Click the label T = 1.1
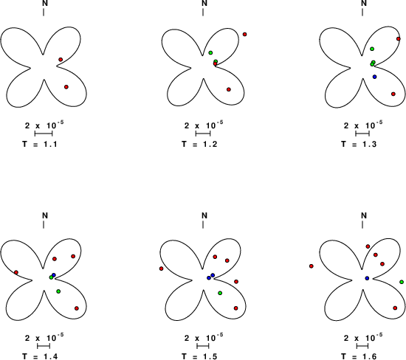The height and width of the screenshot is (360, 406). coord(40,144)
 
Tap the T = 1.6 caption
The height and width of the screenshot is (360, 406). coord(359,356)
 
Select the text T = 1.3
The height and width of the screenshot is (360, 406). coord(359,144)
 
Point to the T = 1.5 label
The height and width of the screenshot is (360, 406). coord(199,356)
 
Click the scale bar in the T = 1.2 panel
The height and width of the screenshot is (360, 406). coord(203,134)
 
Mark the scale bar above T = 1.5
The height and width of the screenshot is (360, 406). coord(203,346)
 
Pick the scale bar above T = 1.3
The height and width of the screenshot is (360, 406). coord(362,134)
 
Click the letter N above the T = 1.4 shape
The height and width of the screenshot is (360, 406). coord(45,215)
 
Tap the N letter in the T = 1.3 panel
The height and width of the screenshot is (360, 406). coord(364,3)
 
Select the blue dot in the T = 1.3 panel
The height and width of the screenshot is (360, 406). coord(375,77)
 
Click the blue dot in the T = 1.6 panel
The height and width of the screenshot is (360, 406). coord(367,278)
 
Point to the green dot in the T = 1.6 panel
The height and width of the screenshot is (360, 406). coord(402,282)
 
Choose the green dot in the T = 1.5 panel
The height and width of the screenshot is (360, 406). coord(220,293)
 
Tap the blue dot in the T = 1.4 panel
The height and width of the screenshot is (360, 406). coord(54,275)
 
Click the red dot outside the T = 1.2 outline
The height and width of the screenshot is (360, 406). coord(244,34)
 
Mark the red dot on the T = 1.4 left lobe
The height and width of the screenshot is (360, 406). coord(16,272)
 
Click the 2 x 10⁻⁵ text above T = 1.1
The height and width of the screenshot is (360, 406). coord(44,125)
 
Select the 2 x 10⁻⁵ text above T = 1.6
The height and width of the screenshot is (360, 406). coord(363,338)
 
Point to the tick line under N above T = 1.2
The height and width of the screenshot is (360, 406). coord(203,12)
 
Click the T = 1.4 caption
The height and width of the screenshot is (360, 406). coord(40,356)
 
